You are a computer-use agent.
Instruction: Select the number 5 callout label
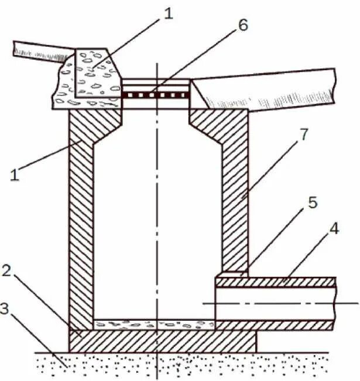313,202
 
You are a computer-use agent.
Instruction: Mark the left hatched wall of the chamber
81,222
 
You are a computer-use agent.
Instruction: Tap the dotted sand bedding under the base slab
176,366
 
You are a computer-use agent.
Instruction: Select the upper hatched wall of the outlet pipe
275,282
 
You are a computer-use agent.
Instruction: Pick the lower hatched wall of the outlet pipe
275,325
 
